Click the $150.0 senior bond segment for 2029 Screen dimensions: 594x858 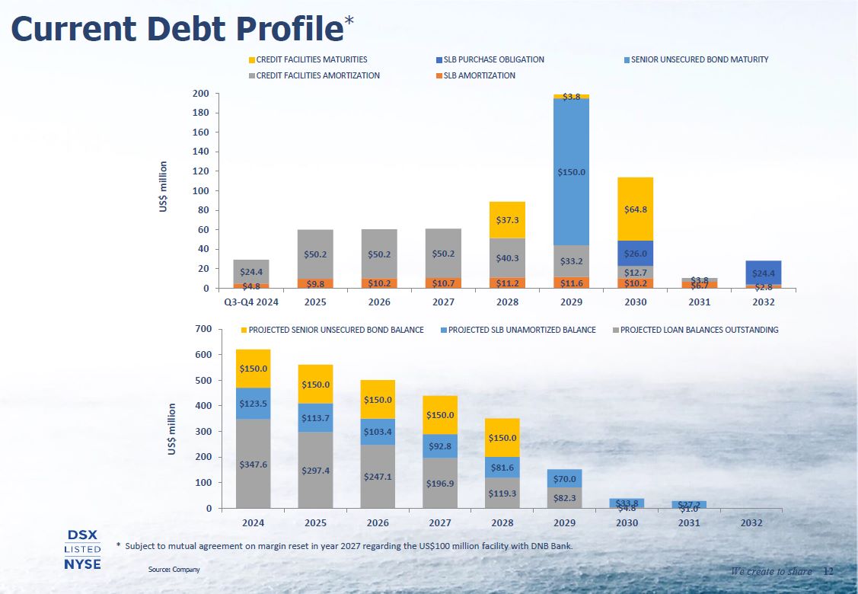coord(571,172)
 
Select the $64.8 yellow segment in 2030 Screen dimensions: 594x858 coord(635,209)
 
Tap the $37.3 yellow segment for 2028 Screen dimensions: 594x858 coord(507,219)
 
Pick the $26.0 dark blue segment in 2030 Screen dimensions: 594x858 coord(635,254)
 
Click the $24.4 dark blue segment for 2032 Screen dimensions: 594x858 coord(763,273)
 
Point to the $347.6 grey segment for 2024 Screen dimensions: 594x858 coord(253,463)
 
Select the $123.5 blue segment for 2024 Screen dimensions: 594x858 coord(253,403)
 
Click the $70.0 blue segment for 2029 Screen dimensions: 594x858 coord(564,479)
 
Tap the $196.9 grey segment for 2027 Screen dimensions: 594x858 coord(440,483)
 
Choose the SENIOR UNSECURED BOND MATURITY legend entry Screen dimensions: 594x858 coord(699,59)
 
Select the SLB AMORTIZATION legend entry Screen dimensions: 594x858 coord(479,75)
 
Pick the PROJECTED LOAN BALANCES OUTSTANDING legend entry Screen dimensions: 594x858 coord(698,330)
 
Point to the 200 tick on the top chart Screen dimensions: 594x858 coord(200,94)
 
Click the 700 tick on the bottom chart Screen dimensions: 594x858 coord(203,329)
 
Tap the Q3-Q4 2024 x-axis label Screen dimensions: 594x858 coord(252,302)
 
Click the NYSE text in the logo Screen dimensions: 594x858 coord(82,564)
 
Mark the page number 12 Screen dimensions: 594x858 coord(829,571)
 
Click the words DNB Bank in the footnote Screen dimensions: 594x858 coord(548,546)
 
